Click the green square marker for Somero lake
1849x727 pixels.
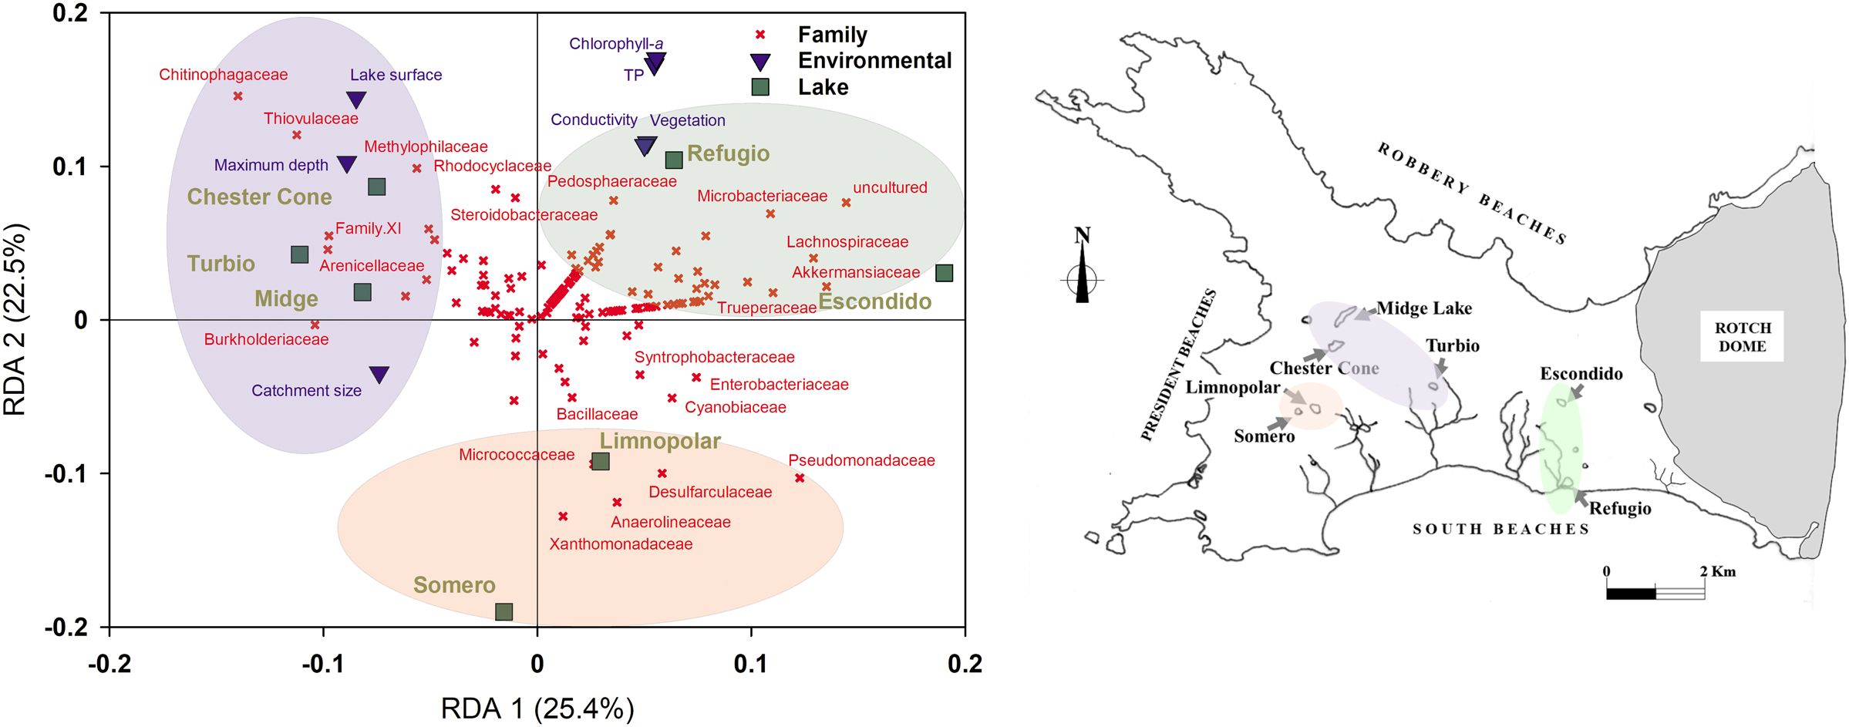(x=504, y=611)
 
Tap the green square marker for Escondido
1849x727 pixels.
(x=944, y=273)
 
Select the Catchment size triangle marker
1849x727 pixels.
(x=379, y=375)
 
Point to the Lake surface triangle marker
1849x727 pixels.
(x=356, y=99)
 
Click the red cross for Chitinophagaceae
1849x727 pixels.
(x=238, y=96)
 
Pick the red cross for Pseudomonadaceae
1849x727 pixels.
(x=800, y=478)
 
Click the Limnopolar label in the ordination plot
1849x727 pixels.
(x=660, y=441)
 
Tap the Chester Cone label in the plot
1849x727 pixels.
(x=259, y=197)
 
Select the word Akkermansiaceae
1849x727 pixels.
(x=855, y=272)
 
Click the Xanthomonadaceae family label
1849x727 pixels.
(x=621, y=544)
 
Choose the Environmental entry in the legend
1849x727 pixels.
(x=874, y=61)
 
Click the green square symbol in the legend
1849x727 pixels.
(x=760, y=87)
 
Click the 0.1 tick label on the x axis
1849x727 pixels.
(x=750, y=664)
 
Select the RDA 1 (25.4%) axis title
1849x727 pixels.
(x=537, y=708)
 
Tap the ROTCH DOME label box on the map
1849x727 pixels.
(x=1743, y=337)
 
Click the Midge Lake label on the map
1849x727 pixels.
(x=1424, y=308)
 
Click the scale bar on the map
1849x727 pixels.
(x=1655, y=593)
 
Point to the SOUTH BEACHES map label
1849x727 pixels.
(x=1500, y=529)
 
